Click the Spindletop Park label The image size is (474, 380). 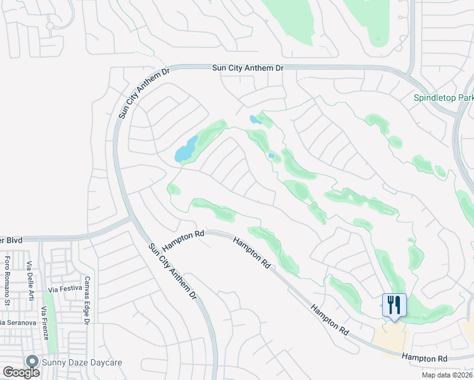tap(443, 98)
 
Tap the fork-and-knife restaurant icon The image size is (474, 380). tap(394, 305)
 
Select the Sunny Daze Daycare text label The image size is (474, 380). tap(82, 362)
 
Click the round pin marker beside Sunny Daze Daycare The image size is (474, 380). tap(31, 361)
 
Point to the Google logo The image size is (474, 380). tap(21, 372)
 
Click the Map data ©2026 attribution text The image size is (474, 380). tap(447, 375)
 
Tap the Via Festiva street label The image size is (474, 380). tap(65, 290)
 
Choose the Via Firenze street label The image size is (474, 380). tap(45, 322)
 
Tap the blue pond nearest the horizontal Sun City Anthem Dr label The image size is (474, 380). tap(255, 119)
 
